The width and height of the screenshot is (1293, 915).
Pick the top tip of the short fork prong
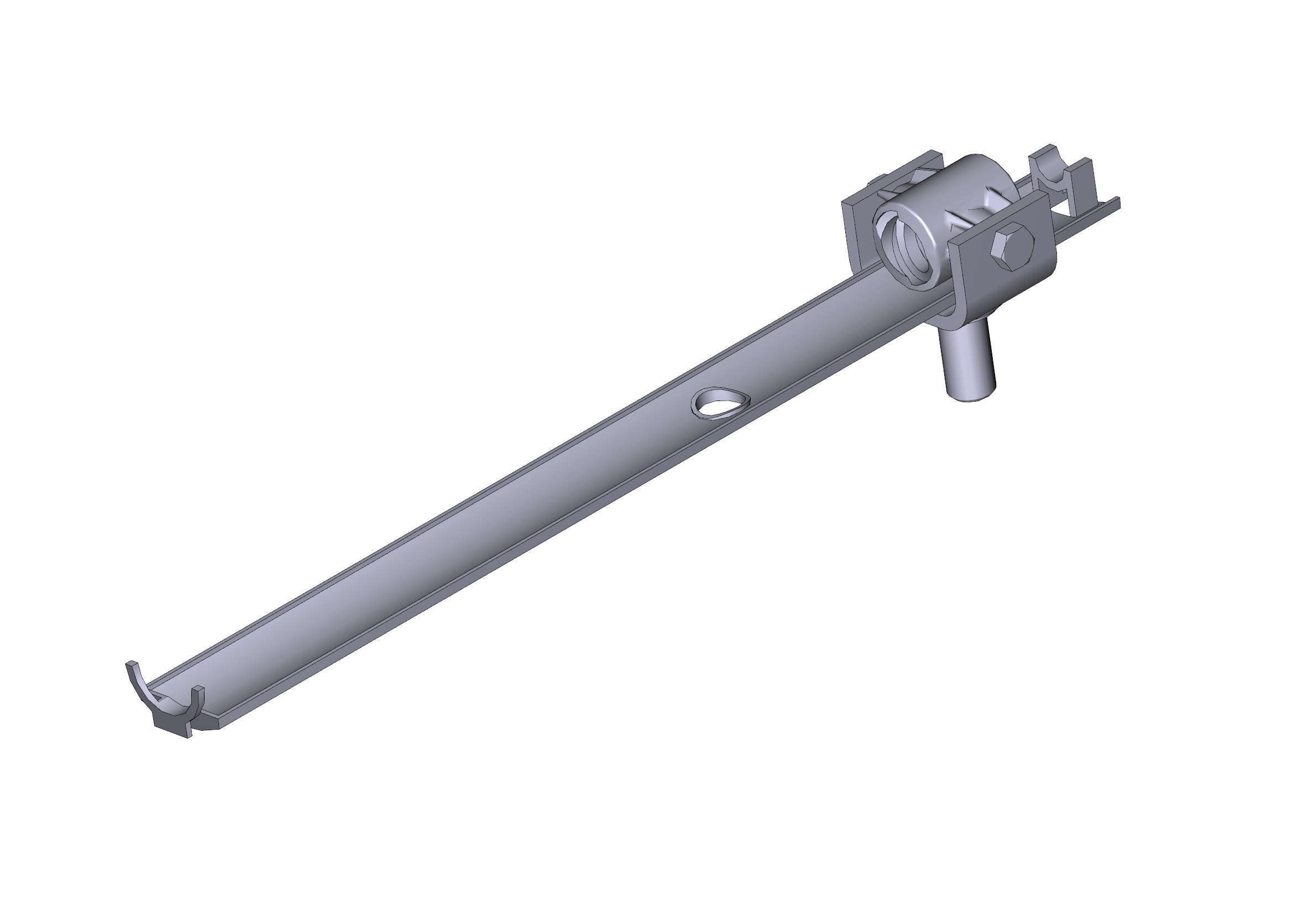[198, 689]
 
